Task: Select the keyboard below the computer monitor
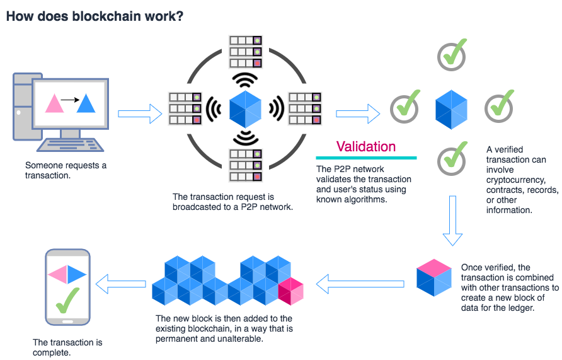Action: pos(69,145)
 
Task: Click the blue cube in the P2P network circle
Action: pos(245,108)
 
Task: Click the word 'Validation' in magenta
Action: pos(365,147)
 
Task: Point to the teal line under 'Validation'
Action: pos(365,158)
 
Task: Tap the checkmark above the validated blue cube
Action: pos(452,55)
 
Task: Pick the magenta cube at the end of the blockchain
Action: pos(291,290)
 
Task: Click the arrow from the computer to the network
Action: pos(140,113)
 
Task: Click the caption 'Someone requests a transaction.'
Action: pos(66,170)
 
